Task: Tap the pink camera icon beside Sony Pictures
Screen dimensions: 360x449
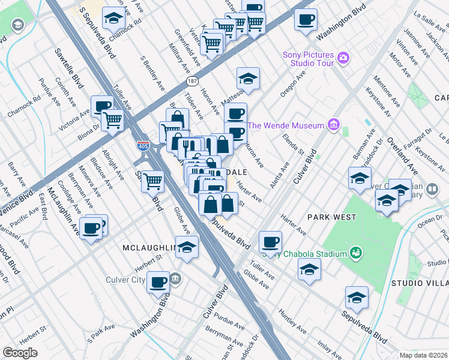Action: point(343,58)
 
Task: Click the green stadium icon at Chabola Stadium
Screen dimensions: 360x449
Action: point(355,253)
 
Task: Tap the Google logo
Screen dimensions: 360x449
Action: point(20,353)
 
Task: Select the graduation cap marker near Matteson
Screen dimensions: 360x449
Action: point(247,78)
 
